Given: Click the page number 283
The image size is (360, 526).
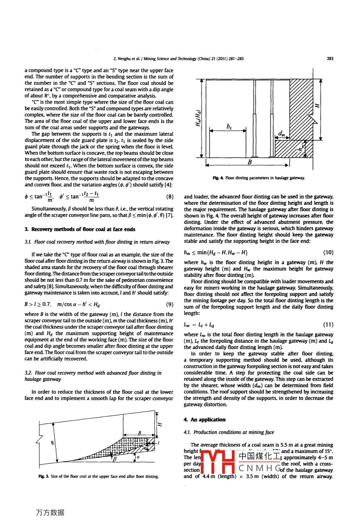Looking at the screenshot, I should (330, 59).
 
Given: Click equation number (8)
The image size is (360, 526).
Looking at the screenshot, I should (170, 197).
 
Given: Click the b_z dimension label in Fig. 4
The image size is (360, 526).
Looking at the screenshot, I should (229, 126).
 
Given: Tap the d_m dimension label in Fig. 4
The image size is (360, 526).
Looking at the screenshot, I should (282, 134).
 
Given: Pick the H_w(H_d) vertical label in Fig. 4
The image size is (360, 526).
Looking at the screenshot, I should (198, 119).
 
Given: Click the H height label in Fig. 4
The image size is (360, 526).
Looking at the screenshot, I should (317, 105).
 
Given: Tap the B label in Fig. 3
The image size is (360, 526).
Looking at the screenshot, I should (139, 432).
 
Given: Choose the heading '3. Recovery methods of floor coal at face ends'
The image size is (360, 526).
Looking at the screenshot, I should (80, 229).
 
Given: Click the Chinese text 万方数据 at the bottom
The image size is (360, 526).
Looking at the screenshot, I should (50, 512).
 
